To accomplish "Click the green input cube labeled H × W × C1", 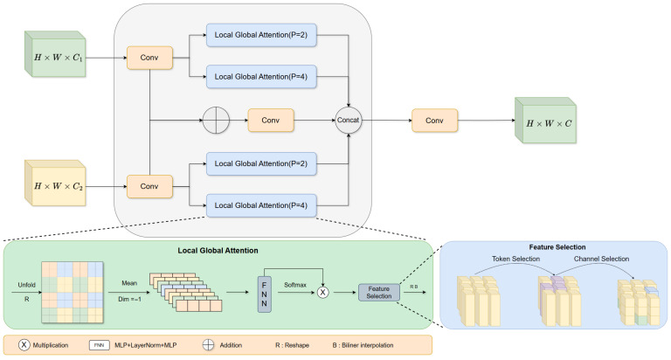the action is (55, 54).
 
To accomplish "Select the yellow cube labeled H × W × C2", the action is (55, 183).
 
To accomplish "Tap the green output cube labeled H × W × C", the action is (545, 121).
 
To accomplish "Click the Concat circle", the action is (348, 121).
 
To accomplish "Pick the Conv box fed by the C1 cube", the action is (149, 58).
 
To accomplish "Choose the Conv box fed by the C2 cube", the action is (149, 187).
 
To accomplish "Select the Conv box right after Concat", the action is (434, 121).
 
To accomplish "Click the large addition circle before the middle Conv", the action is (216, 121).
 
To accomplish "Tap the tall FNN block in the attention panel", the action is (264, 294).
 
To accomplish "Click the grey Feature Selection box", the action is (378, 293).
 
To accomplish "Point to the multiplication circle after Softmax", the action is (322, 293).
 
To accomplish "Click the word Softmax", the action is (295, 285).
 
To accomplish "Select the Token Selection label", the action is (515, 259).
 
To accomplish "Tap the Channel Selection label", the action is (601, 259).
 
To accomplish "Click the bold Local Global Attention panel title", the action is (218, 251).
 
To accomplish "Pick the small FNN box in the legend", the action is (100, 345).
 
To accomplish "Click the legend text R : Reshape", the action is (292, 345).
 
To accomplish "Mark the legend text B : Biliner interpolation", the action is (363, 345).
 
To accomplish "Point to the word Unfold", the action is (26, 285).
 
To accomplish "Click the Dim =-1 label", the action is (129, 299).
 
